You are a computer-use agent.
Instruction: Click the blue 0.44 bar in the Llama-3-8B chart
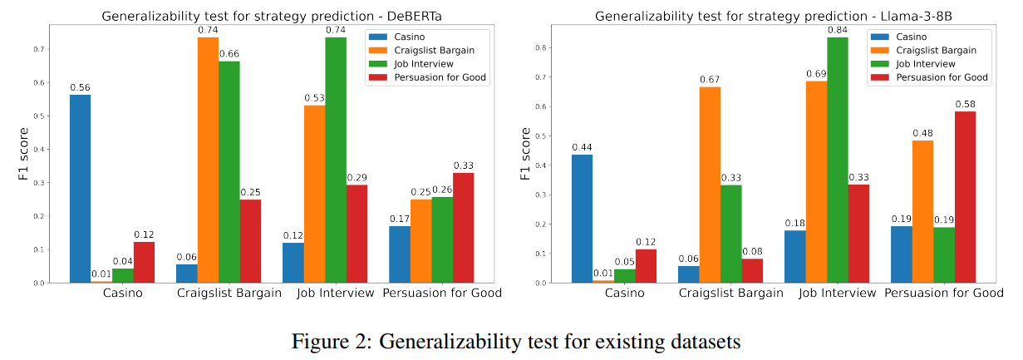pyautogui.click(x=583, y=219)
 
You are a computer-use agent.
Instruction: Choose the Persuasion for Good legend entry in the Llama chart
pyautogui.click(x=940, y=77)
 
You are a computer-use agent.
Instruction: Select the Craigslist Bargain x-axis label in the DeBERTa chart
pyautogui.click(x=229, y=293)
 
